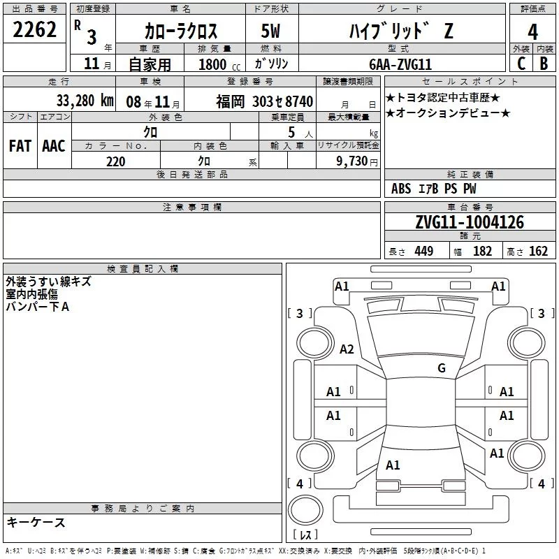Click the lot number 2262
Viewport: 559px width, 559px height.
(x=34, y=29)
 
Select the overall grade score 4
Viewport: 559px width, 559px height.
(x=532, y=32)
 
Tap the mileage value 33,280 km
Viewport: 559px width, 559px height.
(x=85, y=101)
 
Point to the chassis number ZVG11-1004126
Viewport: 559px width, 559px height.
(x=470, y=222)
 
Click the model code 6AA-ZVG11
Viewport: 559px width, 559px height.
(x=400, y=64)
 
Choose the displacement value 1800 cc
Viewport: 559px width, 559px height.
(x=219, y=64)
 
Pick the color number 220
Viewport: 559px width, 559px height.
(x=115, y=161)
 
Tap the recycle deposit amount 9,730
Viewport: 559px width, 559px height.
(x=351, y=161)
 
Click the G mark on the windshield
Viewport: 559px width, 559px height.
(x=442, y=368)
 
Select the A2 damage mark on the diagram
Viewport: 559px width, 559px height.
(x=347, y=349)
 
